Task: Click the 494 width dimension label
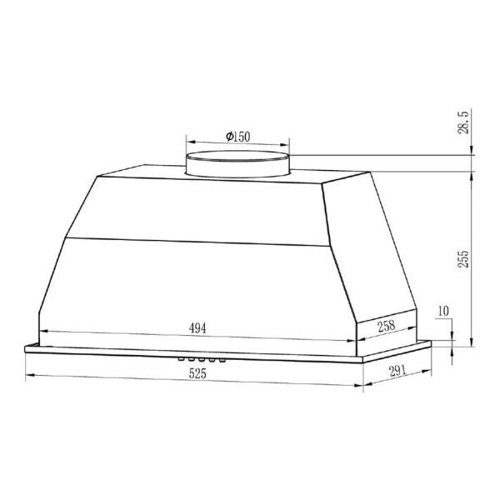[x=197, y=327]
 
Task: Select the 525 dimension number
[x=197, y=373]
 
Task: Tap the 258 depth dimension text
[x=387, y=326]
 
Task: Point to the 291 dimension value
[x=397, y=371]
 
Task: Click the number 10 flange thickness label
[x=443, y=311]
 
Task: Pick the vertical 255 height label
[x=464, y=259]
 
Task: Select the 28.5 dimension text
[x=464, y=122]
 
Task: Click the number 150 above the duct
[x=242, y=137]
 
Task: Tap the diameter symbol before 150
[x=229, y=137]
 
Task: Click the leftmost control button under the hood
[x=181, y=359]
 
